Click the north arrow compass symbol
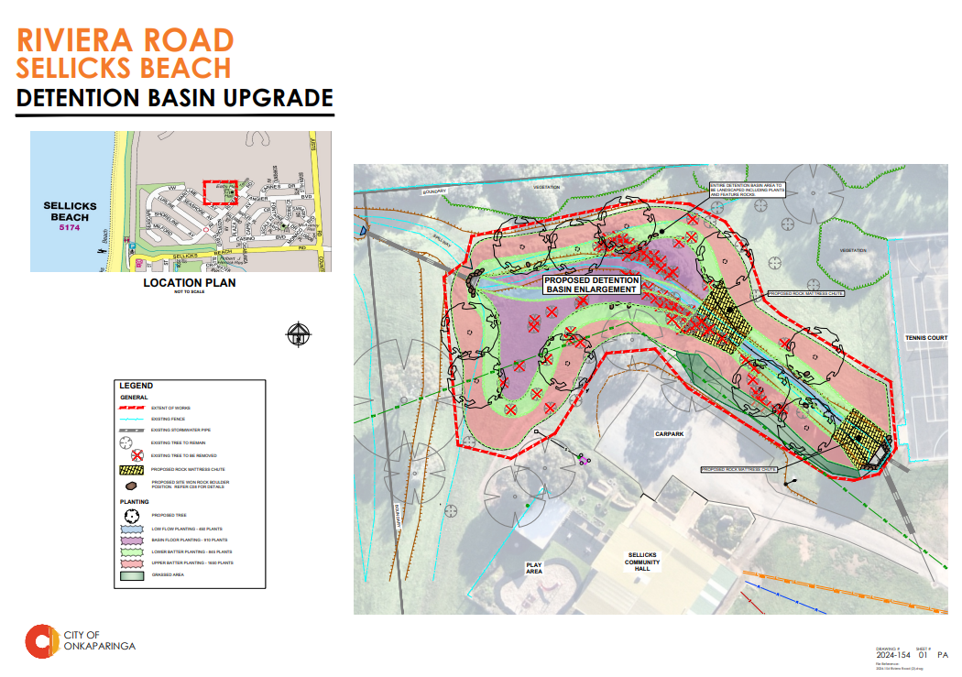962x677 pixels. [300, 334]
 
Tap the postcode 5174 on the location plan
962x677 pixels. [69, 227]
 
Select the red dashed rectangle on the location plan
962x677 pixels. [220, 191]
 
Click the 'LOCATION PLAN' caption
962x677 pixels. [189, 283]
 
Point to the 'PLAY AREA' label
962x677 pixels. [534, 569]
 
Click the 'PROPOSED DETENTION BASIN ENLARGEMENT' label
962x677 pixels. [591, 284]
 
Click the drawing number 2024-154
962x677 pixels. [892, 655]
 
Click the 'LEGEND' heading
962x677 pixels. [136, 386]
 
